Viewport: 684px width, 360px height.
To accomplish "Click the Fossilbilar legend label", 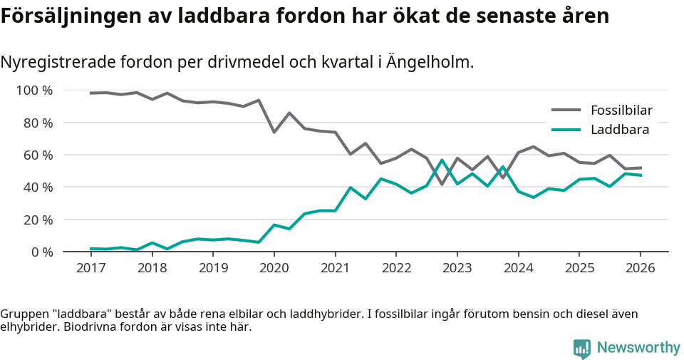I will [621, 110].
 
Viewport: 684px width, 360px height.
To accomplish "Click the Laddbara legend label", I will [619, 130].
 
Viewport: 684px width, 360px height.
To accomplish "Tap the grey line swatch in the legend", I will [567, 110].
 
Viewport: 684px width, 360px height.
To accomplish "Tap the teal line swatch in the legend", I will [567, 130].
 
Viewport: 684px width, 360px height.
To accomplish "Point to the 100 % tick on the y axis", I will [35, 91].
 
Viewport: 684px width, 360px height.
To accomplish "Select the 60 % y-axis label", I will [38, 155].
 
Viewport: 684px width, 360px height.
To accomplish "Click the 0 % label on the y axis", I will [41, 252].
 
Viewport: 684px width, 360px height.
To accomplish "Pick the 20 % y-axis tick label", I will [38, 220].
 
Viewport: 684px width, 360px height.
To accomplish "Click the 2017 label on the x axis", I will [91, 268].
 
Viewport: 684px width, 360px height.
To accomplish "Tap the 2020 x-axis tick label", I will [274, 268].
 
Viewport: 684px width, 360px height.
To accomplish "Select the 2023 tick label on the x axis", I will [457, 268].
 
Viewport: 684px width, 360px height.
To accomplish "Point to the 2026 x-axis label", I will [640, 268].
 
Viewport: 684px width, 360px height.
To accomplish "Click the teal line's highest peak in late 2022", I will [442, 160].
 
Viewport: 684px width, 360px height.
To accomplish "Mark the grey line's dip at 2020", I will [274, 132].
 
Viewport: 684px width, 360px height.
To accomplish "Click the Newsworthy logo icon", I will [582, 348].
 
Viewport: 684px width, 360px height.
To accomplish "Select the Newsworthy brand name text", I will [638, 348].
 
